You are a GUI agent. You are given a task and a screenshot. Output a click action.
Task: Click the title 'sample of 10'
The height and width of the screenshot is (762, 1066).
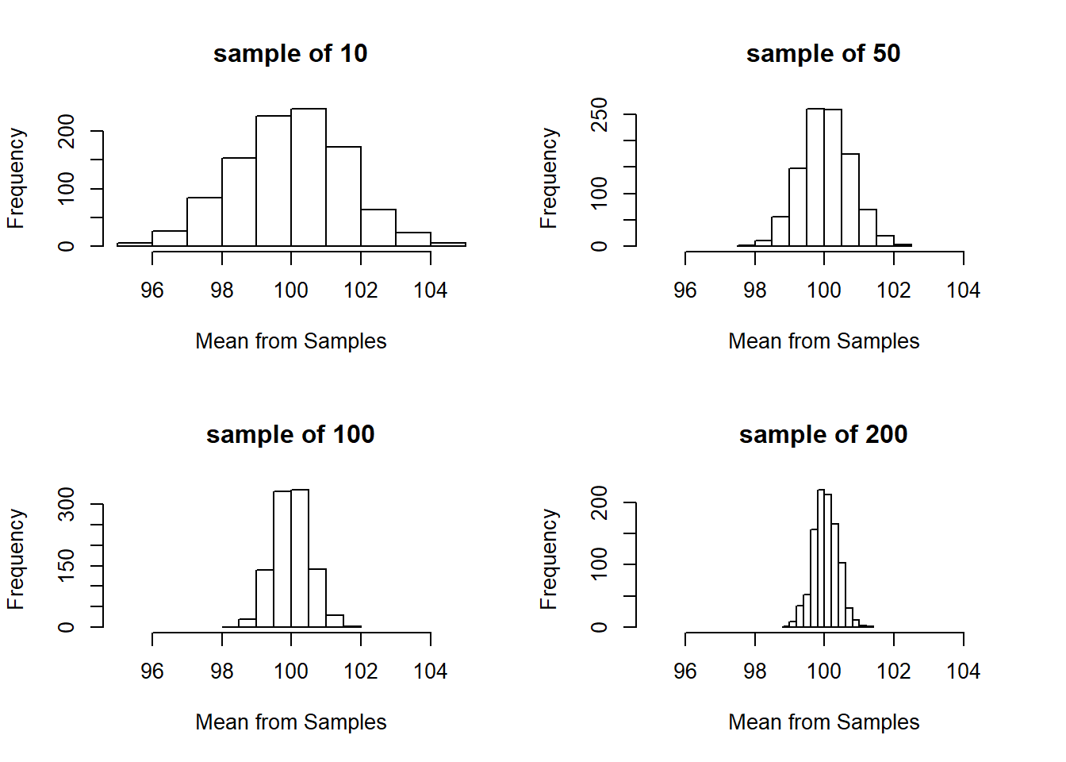coord(290,54)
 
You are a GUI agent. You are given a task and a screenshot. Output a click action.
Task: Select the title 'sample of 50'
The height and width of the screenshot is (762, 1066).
coord(823,54)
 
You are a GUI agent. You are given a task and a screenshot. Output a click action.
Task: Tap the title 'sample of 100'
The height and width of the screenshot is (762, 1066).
coord(290,435)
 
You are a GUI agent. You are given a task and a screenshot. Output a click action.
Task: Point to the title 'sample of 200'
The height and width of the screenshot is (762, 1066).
coord(823,435)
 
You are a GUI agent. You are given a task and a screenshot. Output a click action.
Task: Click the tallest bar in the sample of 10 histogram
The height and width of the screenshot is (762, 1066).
coord(309,178)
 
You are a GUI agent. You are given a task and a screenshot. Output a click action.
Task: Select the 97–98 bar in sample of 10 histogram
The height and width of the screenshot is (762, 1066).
coord(205,222)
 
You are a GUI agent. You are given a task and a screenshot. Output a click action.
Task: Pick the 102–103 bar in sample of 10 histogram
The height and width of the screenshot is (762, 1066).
coord(378,228)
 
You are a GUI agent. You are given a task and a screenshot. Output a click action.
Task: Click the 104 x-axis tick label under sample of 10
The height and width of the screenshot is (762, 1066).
coord(430,291)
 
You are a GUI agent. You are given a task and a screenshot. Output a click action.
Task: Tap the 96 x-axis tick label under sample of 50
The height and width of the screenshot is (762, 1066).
coord(685,291)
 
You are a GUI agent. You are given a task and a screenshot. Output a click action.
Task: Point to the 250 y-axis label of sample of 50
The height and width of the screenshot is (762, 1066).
coord(600,114)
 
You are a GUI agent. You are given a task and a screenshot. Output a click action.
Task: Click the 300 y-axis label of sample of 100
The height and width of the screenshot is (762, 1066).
coord(67,504)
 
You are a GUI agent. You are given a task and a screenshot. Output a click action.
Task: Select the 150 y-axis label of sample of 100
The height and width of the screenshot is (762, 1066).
coord(67,565)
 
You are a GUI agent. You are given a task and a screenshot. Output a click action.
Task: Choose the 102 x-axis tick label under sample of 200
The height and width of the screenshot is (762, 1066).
coord(893,672)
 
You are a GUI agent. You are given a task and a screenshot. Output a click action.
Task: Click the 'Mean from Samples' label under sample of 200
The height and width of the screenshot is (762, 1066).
coord(823,722)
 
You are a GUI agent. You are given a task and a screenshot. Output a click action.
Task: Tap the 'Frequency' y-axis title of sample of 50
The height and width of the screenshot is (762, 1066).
coord(549,179)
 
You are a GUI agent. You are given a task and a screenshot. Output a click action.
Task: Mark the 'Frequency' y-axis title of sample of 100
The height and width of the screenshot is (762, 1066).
coord(16,560)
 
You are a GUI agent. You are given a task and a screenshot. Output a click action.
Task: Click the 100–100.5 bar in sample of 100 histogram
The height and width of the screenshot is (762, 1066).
coord(300,559)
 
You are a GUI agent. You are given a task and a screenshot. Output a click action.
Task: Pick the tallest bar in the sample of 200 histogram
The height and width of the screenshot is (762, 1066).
coord(821,559)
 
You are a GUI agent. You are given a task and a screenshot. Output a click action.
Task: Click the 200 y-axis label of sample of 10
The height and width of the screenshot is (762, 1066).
coord(67,131)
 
